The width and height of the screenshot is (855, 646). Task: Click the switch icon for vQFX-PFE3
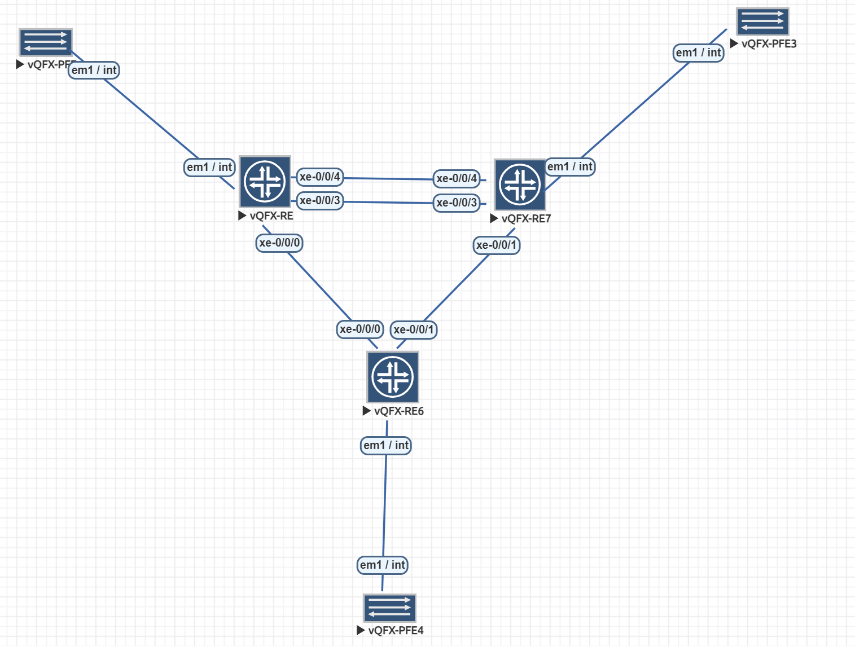pos(762,22)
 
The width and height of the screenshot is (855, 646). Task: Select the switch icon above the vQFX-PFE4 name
pos(389,608)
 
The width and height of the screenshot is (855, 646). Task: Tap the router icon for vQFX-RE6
pos(393,377)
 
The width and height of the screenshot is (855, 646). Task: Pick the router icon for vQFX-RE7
pos(520,184)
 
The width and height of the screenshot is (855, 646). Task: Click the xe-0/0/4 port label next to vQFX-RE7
pos(457,178)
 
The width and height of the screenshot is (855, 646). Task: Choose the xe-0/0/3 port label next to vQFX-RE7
pos(457,203)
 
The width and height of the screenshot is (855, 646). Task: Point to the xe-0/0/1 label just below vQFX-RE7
pos(496,245)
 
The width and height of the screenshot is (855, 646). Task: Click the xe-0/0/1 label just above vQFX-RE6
pos(414,329)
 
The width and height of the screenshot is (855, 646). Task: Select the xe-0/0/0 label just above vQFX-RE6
pos(360,329)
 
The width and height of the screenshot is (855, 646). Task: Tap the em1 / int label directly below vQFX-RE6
pos(386,445)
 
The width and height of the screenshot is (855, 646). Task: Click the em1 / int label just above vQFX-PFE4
pos(383,565)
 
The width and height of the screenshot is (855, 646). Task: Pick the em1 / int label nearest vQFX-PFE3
pos(699,52)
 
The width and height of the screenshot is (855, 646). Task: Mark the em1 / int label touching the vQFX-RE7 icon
pos(570,166)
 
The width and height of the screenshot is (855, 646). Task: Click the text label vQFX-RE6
pos(399,411)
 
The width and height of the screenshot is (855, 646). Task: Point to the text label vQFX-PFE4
pos(396,630)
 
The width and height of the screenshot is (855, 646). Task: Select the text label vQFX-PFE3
pos(769,44)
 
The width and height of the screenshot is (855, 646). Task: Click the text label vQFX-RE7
pos(526,219)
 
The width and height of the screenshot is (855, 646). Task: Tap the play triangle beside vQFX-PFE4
pos(361,630)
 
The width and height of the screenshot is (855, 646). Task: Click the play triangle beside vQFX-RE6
pos(367,411)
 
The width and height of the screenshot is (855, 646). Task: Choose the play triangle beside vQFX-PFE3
pos(734,43)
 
